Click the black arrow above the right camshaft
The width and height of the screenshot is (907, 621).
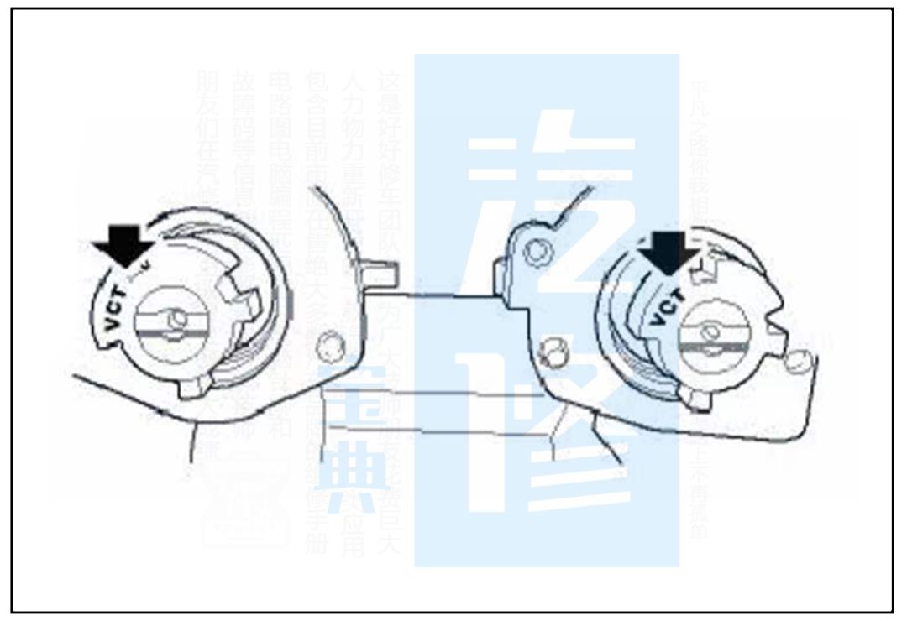click(x=668, y=252)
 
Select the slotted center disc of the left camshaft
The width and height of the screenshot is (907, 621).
click(x=173, y=324)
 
